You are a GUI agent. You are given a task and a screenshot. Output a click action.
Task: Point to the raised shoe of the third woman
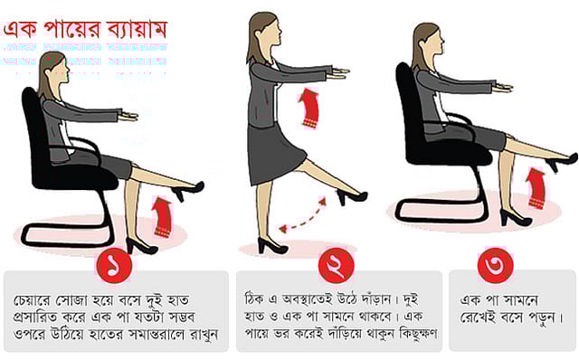pos(560,162)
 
